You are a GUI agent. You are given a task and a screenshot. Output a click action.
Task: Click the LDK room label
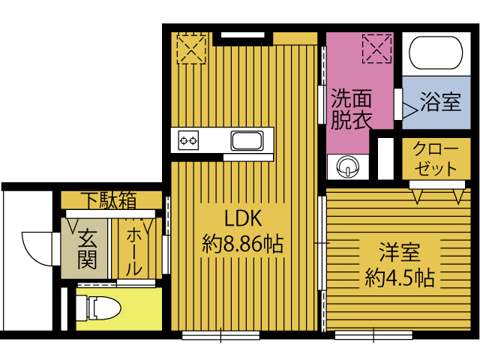[x=243, y=218]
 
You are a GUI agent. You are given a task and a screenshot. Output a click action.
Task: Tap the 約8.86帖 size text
[x=242, y=244]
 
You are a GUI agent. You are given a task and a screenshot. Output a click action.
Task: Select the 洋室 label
[x=400, y=252]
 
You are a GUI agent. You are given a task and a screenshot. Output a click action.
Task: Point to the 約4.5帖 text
[x=400, y=277]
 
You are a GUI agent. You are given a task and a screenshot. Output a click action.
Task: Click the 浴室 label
[x=440, y=102]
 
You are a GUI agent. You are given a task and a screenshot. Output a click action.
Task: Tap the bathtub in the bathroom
[x=436, y=53]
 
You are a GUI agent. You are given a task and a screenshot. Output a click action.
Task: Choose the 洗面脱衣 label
[x=352, y=109]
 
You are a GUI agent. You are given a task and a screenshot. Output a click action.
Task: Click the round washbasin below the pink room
[x=348, y=166]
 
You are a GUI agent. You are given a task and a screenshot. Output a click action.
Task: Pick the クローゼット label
[x=436, y=159]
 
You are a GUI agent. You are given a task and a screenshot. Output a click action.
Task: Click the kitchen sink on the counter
[x=247, y=140]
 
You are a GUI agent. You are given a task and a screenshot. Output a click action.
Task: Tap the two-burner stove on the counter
[x=188, y=140]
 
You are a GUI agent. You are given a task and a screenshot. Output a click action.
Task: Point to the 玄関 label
[x=87, y=249]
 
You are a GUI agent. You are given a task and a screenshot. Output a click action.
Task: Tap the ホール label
[x=134, y=252]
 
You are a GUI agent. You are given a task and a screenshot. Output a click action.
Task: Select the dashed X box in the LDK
[x=191, y=49]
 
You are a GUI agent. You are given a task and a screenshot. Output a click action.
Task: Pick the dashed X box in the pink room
[x=376, y=49]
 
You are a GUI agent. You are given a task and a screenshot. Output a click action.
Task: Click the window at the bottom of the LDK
[x=220, y=335]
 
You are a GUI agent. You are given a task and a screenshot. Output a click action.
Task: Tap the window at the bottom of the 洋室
[x=373, y=335]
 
